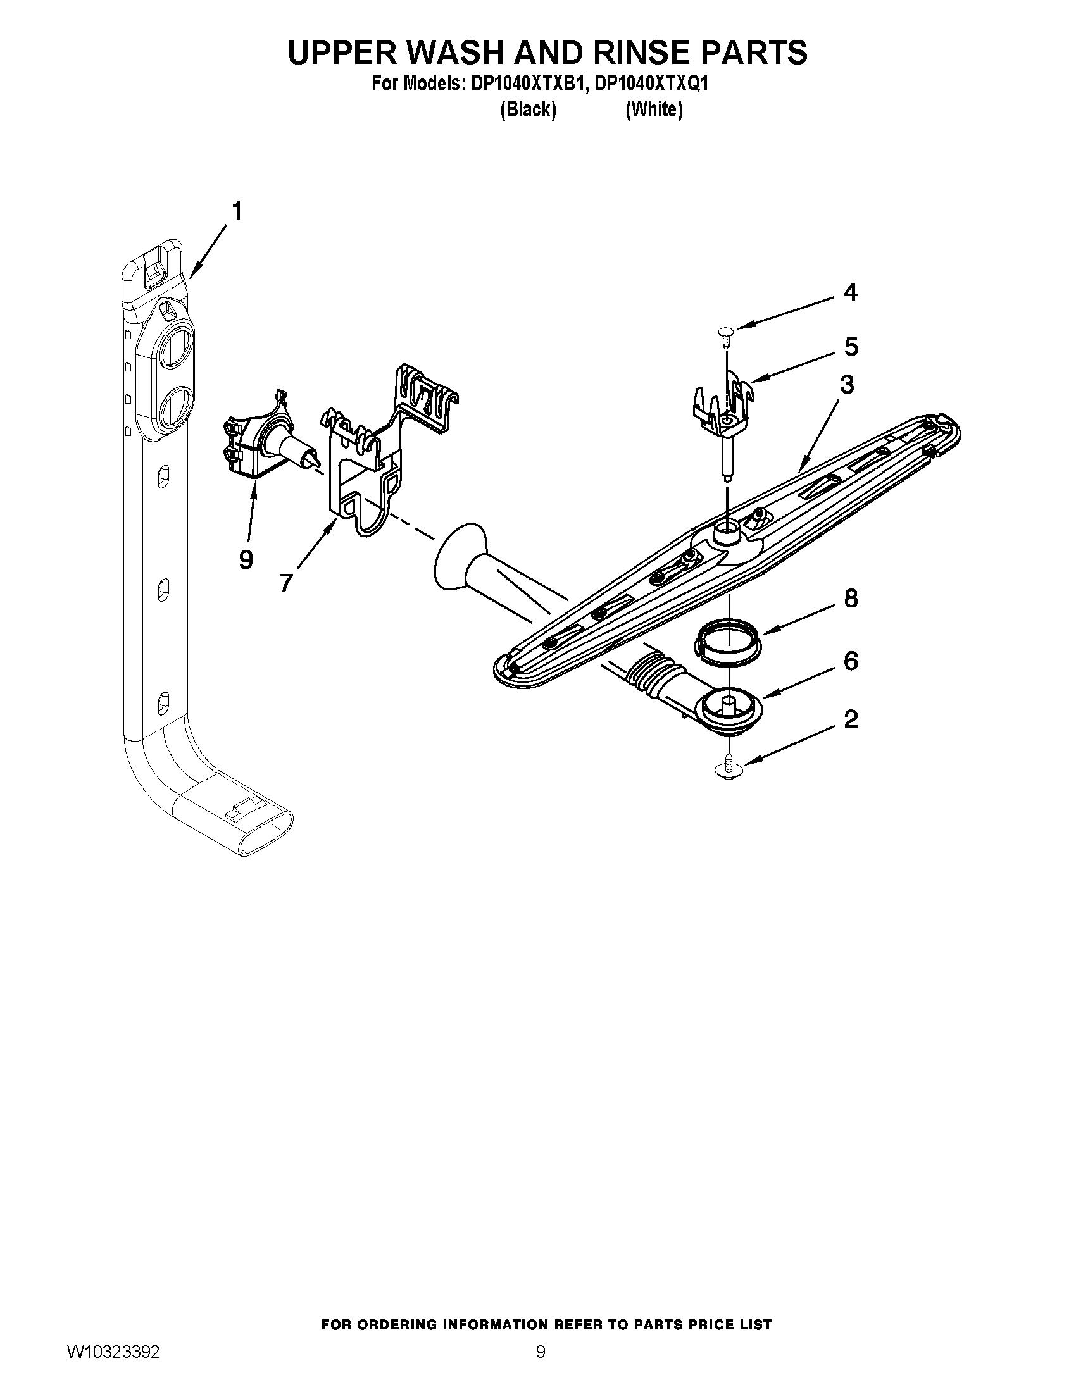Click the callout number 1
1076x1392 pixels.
(237, 211)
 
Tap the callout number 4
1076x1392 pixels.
(849, 292)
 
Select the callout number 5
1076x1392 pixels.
(851, 347)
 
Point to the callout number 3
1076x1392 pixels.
(846, 385)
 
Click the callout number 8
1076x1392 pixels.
(850, 599)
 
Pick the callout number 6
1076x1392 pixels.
(850, 661)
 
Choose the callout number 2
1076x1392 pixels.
(850, 720)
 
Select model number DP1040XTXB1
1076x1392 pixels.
(527, 85)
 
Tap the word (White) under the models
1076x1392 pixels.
(654, 110)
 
